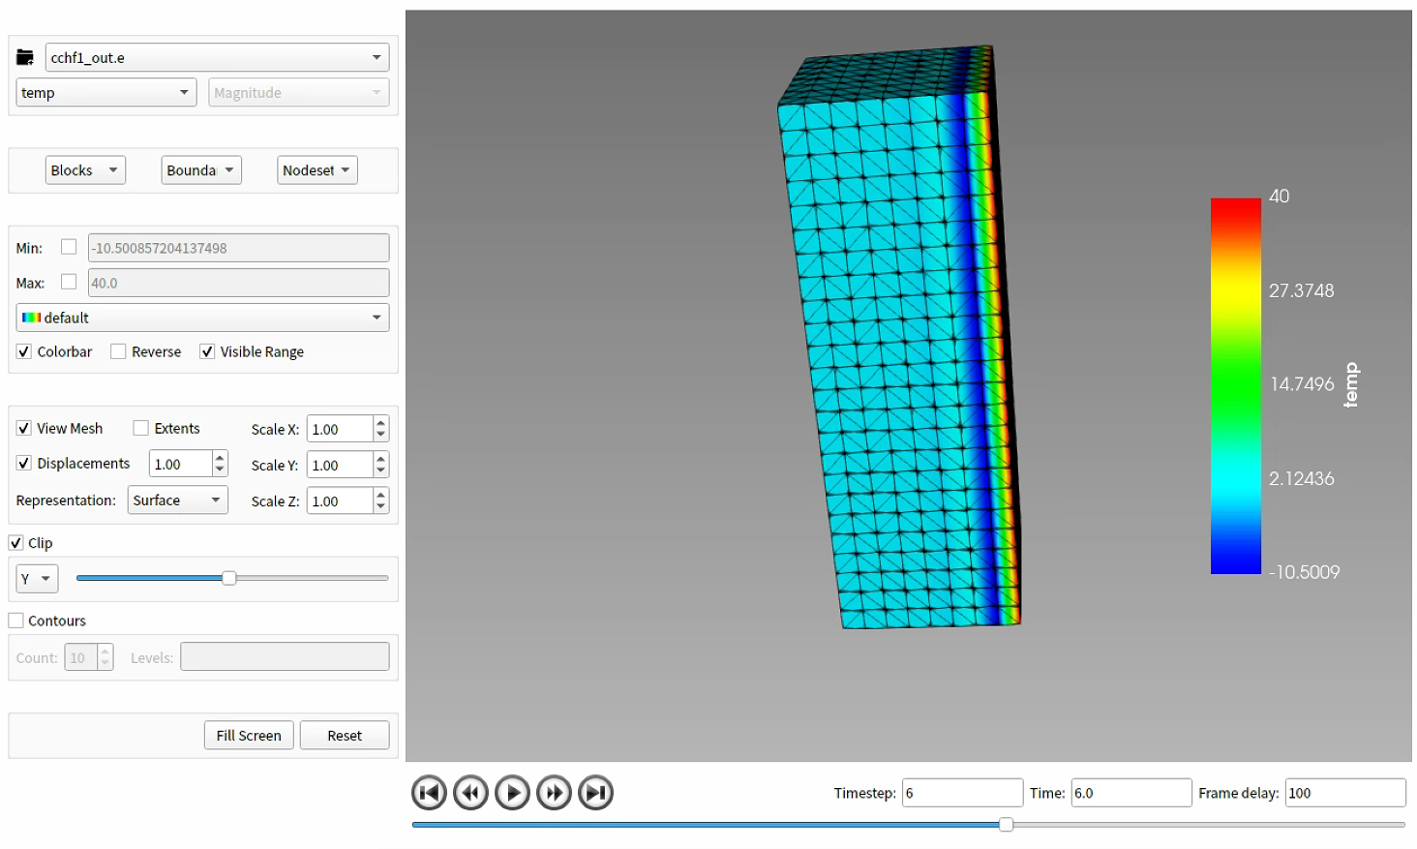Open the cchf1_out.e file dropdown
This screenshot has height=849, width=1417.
[217, 58]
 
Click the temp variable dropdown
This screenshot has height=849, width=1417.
[106, 93]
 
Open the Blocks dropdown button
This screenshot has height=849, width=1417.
[85, 170]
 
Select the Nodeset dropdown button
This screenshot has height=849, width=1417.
[317, 170]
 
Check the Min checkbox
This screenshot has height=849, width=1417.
[69, 247]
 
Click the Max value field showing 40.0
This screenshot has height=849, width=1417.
[238, 283]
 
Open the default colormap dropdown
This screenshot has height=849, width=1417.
[202, 318]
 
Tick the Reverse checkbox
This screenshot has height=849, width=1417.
[118, 351]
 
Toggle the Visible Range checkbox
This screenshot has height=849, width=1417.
[207, 351]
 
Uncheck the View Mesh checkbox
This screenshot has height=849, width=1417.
[24, 428]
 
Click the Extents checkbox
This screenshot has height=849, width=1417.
[141, 428]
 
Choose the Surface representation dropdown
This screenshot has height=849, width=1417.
[177, 500]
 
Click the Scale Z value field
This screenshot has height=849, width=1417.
[340, 501]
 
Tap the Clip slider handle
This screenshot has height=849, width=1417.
[229, 578]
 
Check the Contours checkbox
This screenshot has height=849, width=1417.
[16, 621]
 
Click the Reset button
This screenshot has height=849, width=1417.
[345, 736]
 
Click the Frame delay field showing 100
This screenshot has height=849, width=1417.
[1344, 793]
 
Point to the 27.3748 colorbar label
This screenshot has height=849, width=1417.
[1301, 290]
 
